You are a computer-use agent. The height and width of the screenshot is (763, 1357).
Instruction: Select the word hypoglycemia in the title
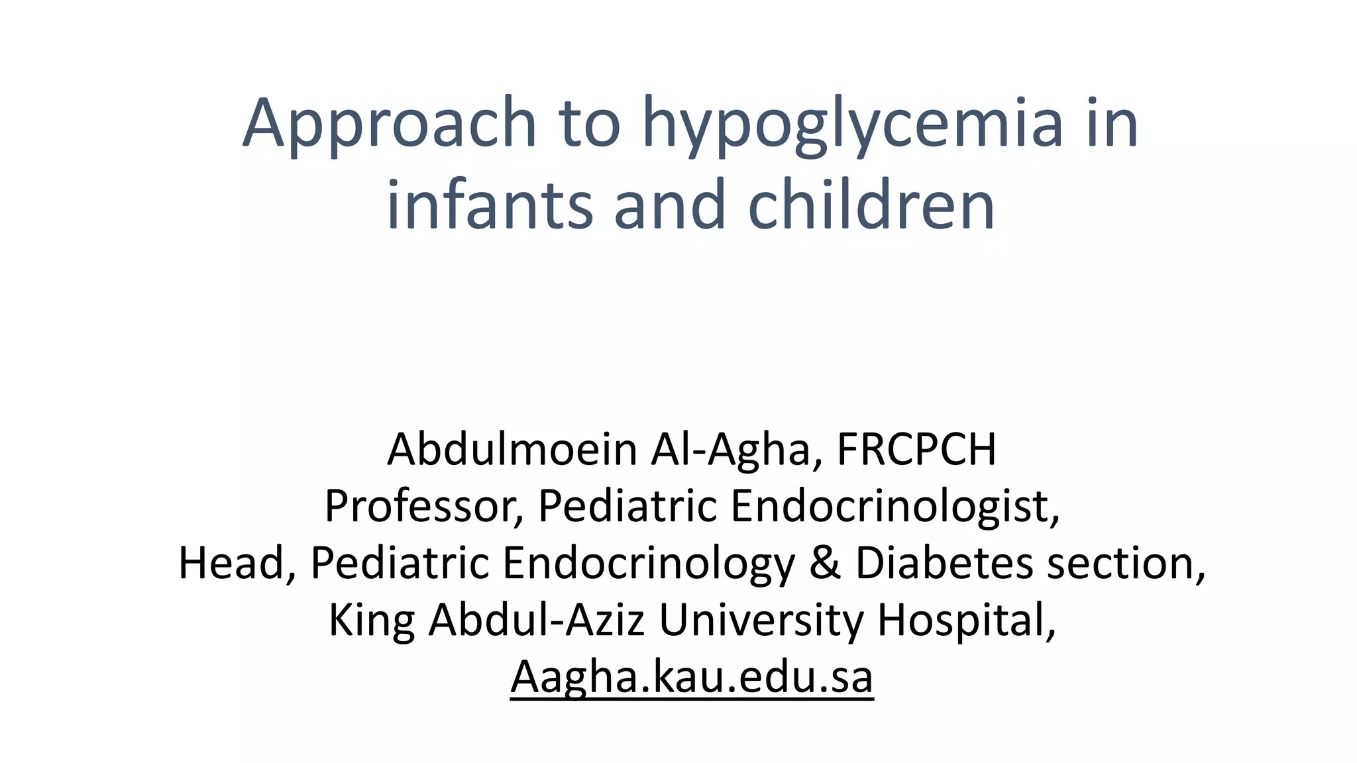click(x=852, y=124)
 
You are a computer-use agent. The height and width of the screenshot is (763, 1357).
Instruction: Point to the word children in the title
click(x=871, y=205)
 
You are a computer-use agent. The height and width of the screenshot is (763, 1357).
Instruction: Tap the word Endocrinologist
click(x=895, y=506)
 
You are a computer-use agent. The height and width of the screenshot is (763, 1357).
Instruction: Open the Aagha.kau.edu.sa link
click(x=692, y=677)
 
